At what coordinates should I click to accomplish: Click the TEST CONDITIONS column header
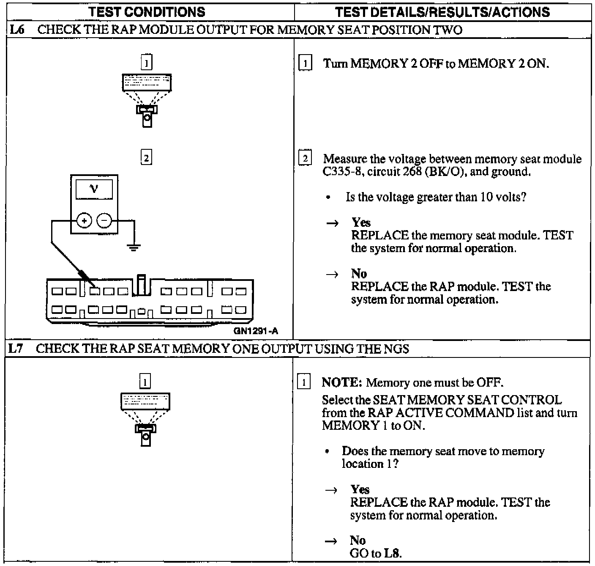[x=147, y=12]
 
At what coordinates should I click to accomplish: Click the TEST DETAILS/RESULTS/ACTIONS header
[x=442, y=12]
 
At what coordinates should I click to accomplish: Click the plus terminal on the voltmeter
[x=84, y=220]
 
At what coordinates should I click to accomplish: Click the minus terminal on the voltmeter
[x=104, y=220]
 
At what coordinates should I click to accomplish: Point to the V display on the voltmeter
[x=94, y=189]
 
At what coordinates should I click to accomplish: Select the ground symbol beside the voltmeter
[x=134, y=247]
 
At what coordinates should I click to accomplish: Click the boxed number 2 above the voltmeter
[x=146, y=158]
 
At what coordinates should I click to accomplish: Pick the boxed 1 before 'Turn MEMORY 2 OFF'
[x=305, y=64]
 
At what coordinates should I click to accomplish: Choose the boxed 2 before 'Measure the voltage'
[x=305, y=159]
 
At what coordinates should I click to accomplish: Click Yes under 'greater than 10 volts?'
[x=361, y=223]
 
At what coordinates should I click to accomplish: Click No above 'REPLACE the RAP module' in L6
[x=359, y=274]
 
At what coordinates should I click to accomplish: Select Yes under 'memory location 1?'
[x=360, y=489]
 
